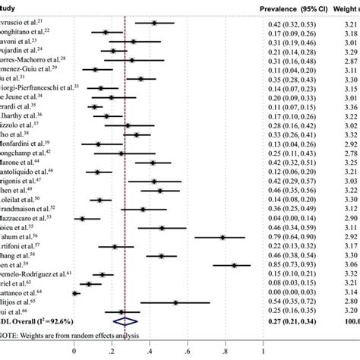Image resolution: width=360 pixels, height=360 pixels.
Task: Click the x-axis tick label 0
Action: (x=74, y=352)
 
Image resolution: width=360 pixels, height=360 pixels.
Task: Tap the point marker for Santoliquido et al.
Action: (x=96, y=172)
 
